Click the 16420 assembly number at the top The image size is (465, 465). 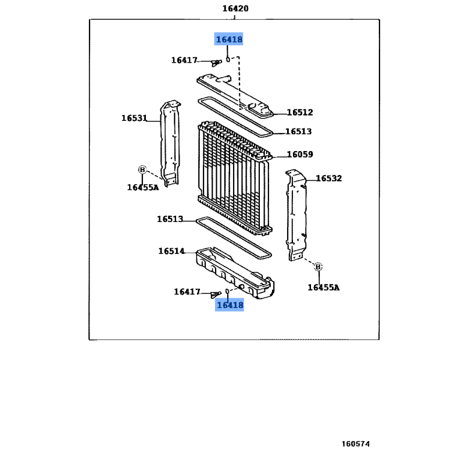click(x=235, y=9)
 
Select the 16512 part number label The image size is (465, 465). click(x=299, y=113)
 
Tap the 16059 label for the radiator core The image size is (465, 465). click(x=299, y=155)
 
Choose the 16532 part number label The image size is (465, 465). click(x=328, y=178)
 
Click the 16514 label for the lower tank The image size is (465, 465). click(x=171, y=252)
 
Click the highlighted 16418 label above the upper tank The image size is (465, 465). click(x=228, y=40)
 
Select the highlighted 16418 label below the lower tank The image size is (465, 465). click(x=229, y=304)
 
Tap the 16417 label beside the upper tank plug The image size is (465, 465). click(x=185, y=60)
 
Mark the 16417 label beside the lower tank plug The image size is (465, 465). click(x=187, y=292)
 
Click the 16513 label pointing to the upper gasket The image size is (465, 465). click(x=298, y=132)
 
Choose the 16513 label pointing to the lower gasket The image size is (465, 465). click(x=170, y=220)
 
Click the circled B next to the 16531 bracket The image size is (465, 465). click(x=141, y=169)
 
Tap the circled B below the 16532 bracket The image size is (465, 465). click(x=318, y=267)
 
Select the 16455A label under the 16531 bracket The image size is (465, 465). click(x=143, y=187)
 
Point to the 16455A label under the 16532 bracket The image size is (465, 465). click(x=323, y=287)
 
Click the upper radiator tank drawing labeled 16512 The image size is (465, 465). click(x=235, y=92)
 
